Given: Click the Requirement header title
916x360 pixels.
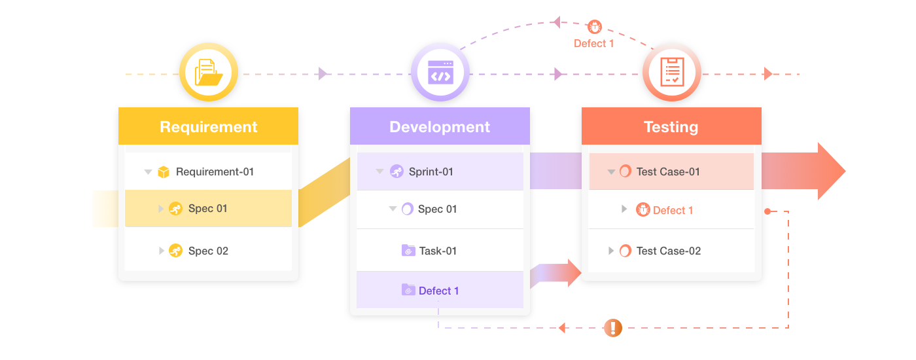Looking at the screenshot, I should (208, 127).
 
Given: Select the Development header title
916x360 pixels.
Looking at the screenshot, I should (440, 127).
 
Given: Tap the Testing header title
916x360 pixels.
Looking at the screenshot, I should (671, 127).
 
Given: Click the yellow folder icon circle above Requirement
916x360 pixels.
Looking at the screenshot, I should (208, 73).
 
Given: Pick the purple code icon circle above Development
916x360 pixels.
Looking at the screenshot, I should (440, 73).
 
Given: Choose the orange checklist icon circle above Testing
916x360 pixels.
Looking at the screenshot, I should (671, 73).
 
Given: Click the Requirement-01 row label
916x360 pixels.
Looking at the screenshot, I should (215, 172).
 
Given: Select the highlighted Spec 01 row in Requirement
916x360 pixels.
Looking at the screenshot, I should (208, 209).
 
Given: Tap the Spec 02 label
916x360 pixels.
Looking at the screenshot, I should (208, 251).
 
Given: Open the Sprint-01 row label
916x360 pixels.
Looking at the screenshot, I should (431, 172).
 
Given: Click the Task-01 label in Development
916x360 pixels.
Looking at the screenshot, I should (438, 251).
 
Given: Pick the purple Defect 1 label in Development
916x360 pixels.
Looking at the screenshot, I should (438, 291).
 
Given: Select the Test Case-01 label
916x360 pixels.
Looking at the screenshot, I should (668, 172).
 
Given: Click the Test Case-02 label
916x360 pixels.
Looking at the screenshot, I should (668, 251).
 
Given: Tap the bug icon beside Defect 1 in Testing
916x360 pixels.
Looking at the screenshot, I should (643, 209).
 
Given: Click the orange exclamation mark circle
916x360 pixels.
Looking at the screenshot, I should (612, 327).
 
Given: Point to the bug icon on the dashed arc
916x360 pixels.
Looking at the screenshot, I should (594, 27).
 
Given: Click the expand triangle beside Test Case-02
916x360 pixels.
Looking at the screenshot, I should (611, 251).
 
